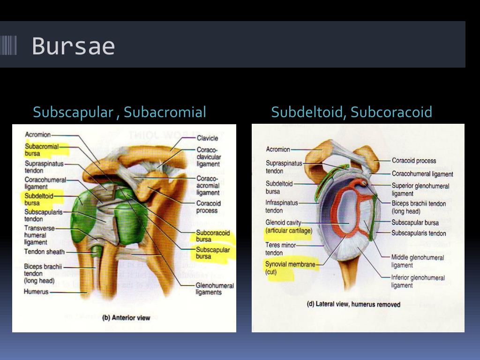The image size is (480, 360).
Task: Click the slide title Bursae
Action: [x=73, y=46]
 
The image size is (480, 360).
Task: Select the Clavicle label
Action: [x=207, y=138]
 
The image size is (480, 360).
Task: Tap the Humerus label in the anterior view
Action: [x=36, y=292]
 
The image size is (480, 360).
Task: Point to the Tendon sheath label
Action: [x=44, y=252]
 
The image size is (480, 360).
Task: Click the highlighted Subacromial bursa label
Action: [x=42, y=150]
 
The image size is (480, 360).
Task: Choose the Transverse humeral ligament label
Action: [x=36, y=235]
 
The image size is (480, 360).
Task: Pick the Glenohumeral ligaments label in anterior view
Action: [x=209, y=289]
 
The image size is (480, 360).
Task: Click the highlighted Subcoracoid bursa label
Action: [x=213, y=236]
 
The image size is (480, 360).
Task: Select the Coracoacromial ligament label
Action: [x=208, y=186]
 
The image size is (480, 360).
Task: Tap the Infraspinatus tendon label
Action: [x=282, y=207]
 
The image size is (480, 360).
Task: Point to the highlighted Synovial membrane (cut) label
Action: [x=290, y=268]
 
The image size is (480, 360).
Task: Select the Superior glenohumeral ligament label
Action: [x=420, y=189]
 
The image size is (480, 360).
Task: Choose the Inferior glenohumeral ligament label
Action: [x=418, y=281]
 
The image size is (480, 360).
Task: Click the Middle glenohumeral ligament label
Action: [x=417, y=261]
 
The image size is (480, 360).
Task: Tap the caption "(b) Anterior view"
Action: [x=126, y=318]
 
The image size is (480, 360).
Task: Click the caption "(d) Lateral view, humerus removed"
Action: [x=353, y=304]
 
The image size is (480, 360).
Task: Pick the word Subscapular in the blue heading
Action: [x=73, y=112]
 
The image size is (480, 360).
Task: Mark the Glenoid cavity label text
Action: [x=283, y=223]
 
